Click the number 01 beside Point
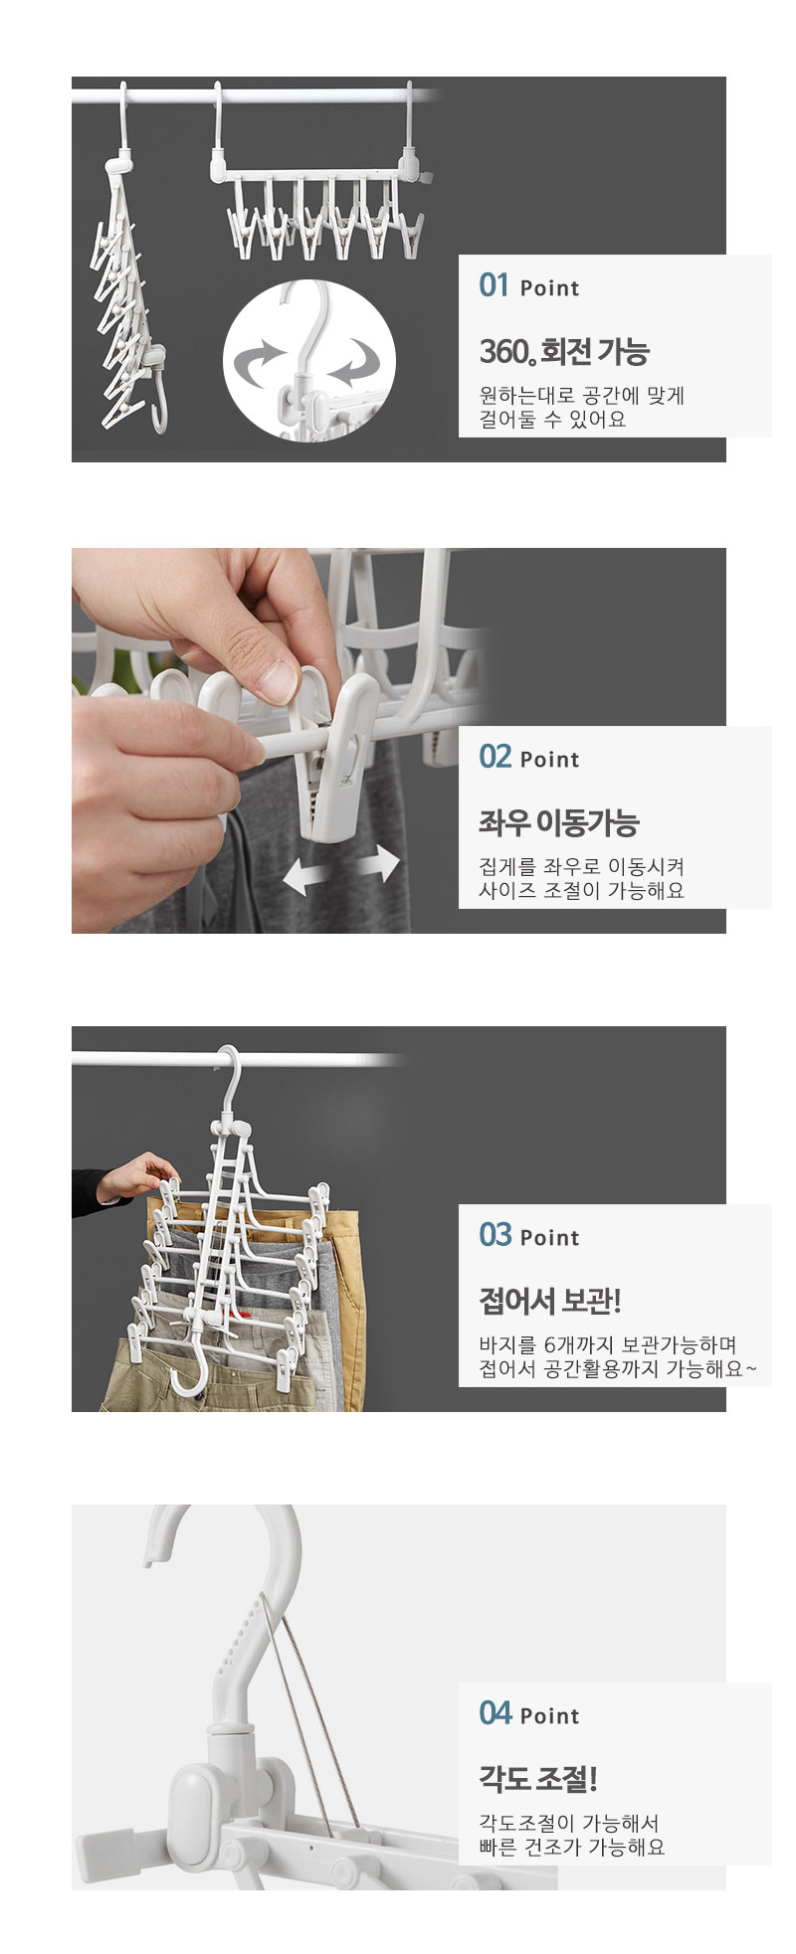pyautogui.click(x=494, y=285)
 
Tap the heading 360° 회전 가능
pyautogui.click(x=564, y=351)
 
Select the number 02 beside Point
pyautogui.click(x=495, y=757)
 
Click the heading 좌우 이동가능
pyautogui.click(x=558, y=822)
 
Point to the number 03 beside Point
pyautogui.click(x=495, y=1235)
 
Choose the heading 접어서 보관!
pyautogui.click(x=550, y=1301)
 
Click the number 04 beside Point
pyautogui.click(x=495, y=1713)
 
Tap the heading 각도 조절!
pyautogui.click(x=538, y=1779)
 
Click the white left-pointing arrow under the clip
pyautogui.click(x=306, y=875)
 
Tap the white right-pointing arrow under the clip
pyautogui.click(x=376, y=863)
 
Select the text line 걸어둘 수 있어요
pyautogui.click(x=553, y=420)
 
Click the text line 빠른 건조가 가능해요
pyautogui.click(x=572, y=1848)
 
